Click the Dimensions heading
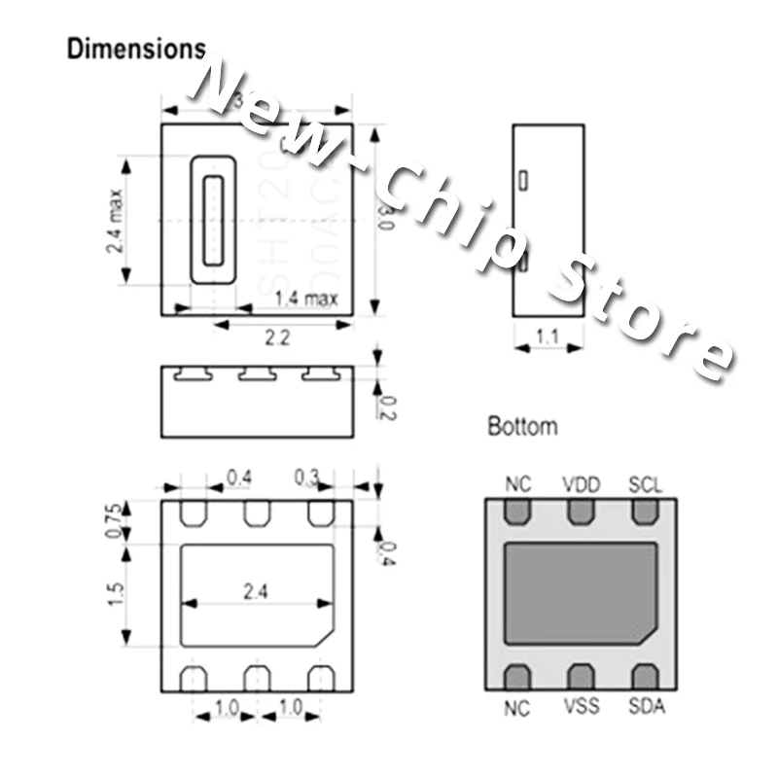point(136,50)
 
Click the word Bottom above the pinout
point(522,426)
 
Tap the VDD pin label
point(582,484)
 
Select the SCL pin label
point(645,484)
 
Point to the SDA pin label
point(646,707)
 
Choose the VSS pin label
point(582,707)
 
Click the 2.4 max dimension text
point(116,221)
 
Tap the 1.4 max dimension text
point(305,299)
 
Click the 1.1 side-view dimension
point(548,337)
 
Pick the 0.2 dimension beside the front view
point(386,407)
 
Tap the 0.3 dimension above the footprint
point(307,477)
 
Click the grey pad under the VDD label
point(582,512)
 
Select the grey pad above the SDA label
point(645,677)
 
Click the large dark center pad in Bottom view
point(581,593)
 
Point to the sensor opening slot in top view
point(213,221)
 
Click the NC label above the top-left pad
point(518,484)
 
